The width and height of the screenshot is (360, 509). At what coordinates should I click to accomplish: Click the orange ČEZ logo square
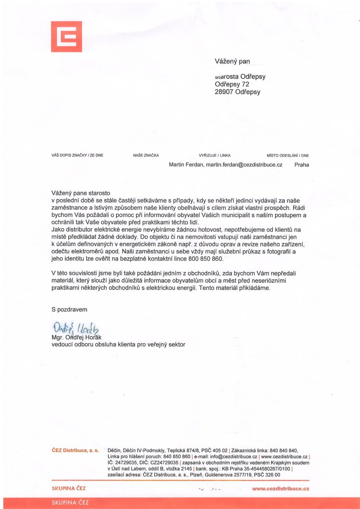66,37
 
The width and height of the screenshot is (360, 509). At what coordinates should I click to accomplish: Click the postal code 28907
224,92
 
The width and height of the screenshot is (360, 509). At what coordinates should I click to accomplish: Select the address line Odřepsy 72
232,84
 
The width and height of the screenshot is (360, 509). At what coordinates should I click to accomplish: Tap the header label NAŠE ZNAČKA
146,155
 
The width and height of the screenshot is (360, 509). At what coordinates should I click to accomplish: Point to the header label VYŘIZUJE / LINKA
214,155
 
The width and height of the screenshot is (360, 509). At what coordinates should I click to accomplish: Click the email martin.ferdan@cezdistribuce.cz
244,164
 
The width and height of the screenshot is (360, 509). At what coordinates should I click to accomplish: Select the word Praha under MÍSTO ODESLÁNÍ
302,164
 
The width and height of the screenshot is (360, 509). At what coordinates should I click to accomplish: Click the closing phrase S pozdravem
70,309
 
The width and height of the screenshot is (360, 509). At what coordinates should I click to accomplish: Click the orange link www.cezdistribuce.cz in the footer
280,488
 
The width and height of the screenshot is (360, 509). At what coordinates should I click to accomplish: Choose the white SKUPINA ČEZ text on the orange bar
70,503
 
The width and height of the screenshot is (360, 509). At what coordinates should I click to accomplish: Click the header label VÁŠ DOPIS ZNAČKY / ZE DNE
78,155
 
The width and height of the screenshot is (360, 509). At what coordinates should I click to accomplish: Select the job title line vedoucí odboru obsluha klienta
119,344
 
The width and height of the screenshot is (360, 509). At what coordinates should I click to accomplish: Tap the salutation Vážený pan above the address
232,61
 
